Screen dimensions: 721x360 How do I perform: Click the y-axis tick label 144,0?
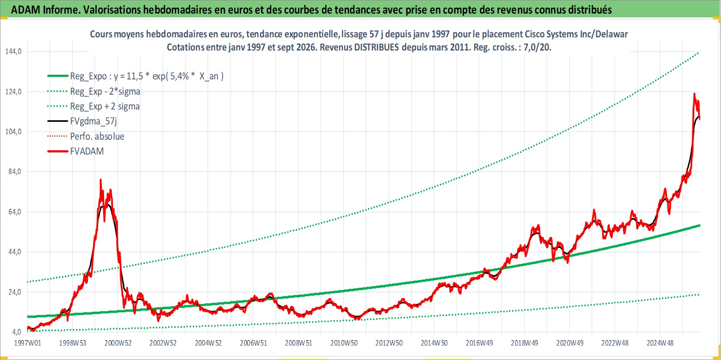click(x=13, y=51)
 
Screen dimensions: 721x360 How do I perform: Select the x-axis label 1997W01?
click(x=28, y=343)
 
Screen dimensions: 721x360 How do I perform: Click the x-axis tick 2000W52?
click(x=118, y=343)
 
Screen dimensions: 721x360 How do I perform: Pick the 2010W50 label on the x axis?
click(x=344, y=343)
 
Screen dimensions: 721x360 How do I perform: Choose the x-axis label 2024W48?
click(x=660, y=343)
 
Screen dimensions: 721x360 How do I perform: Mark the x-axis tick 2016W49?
click(x=479, y=343)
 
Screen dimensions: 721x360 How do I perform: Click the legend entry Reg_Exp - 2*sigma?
click(x=105, y=91)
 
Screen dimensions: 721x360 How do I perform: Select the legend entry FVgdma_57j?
click(x=93, y=121)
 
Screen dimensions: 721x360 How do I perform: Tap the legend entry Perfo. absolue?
click(x=97, y=136)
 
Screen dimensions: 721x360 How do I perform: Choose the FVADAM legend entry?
click(x=87, y=151)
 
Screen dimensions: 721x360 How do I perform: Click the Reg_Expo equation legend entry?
click(x=146, y=76)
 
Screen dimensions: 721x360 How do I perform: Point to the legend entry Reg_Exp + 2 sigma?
click(x=104, y=106)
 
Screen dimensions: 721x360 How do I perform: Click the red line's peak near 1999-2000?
click(x=101, y=180)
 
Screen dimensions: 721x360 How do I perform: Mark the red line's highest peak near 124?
click(x=694, y=94)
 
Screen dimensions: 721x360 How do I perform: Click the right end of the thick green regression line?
click(x=700, y=225)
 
